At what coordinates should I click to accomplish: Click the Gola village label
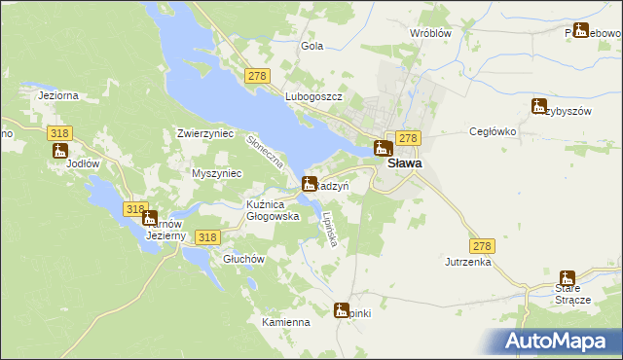[x=312, y=46]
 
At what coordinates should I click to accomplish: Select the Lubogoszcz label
[x=312, y=98]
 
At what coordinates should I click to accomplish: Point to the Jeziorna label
[x=57, y=95]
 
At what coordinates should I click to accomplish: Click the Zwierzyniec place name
[x=205, y=133]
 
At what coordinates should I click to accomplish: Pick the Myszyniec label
[x=217, y=173]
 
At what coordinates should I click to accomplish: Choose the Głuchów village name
[x=243, y=259]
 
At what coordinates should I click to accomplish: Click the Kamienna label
[x=285, y=322]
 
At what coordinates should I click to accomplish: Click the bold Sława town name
[x=405, y=163]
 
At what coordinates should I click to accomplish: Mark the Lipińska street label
[x=329, y=228]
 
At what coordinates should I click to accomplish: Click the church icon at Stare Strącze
[x=568, y=278]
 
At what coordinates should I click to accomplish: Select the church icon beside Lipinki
[x=341, y=310]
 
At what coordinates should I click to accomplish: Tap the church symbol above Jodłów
[x=59, y=151]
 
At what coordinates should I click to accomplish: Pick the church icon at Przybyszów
[x=539, y=105]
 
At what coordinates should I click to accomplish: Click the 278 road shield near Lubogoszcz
[x=258, y=76]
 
